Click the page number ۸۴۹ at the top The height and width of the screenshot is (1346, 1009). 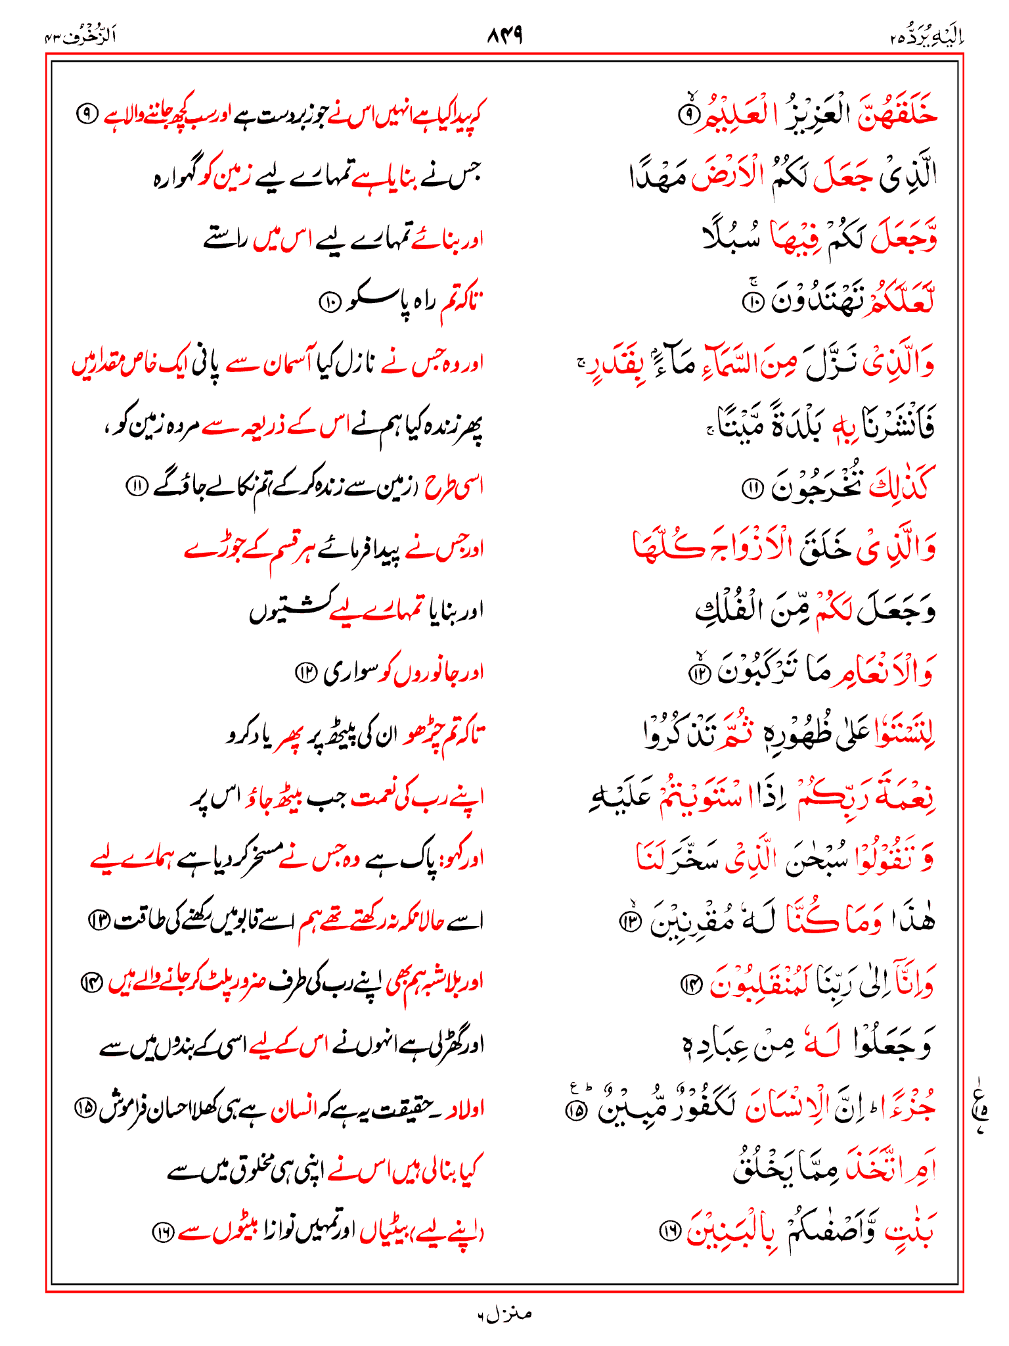[x=504, y=35]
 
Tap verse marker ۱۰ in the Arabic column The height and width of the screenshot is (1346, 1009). [x=751, y=302]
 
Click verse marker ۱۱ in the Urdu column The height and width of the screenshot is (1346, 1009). [x=137, y=486]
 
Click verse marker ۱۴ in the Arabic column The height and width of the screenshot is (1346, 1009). [x=692, y=984]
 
